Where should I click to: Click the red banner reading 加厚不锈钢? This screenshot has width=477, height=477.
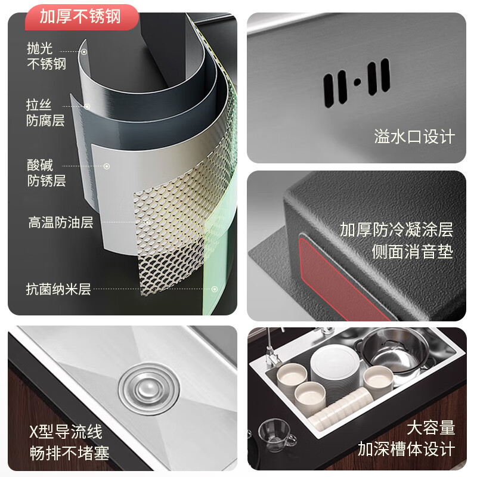tap(80, 16)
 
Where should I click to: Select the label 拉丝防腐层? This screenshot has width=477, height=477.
tap(45, 113)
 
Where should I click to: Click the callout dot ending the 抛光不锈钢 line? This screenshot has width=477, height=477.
tap(84, 52)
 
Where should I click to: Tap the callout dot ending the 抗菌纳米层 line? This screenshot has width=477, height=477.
tap(215, 289)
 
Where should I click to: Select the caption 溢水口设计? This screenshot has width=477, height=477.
tap(414, 137)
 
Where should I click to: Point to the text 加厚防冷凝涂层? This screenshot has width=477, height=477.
tap(397, 230)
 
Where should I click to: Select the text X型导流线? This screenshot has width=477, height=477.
tap(66, 431)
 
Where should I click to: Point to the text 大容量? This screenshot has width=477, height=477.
tap(430, 428)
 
